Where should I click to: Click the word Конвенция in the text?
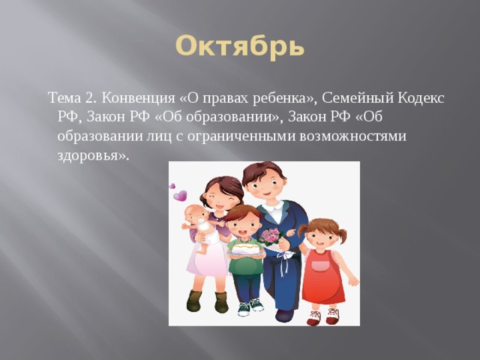(139, 99)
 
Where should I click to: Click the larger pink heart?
(180, 196)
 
